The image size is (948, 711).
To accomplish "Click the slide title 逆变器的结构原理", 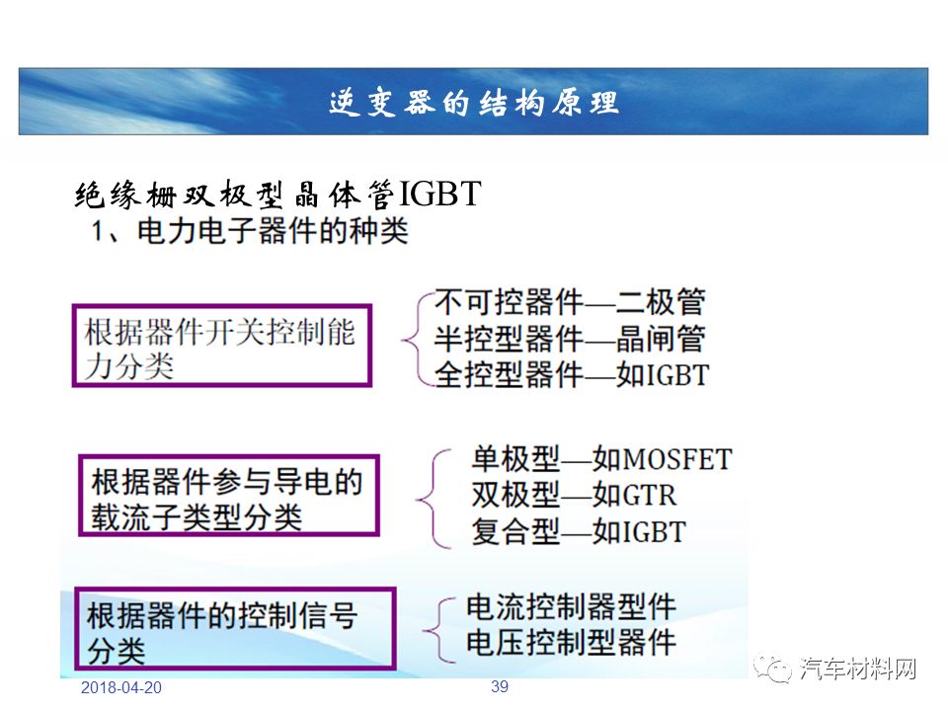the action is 473,102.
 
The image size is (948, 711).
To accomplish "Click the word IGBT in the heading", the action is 438,195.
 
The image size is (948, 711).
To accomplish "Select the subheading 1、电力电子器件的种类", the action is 250,231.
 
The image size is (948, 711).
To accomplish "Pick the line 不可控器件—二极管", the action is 570,302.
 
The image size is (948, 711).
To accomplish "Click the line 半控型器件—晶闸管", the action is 570,338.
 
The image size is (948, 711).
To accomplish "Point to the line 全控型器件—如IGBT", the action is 572,375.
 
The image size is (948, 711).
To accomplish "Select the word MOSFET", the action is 677,459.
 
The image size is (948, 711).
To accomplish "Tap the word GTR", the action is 650,495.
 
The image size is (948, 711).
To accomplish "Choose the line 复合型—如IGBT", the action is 579,532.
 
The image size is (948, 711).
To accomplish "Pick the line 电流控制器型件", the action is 571,606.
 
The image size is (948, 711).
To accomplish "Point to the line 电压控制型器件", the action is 571,642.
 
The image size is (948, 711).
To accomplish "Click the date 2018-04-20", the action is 121,688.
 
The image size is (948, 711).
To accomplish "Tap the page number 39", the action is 500,687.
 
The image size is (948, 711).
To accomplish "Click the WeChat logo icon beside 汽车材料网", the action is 772,669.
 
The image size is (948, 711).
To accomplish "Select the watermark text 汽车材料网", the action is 857,669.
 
